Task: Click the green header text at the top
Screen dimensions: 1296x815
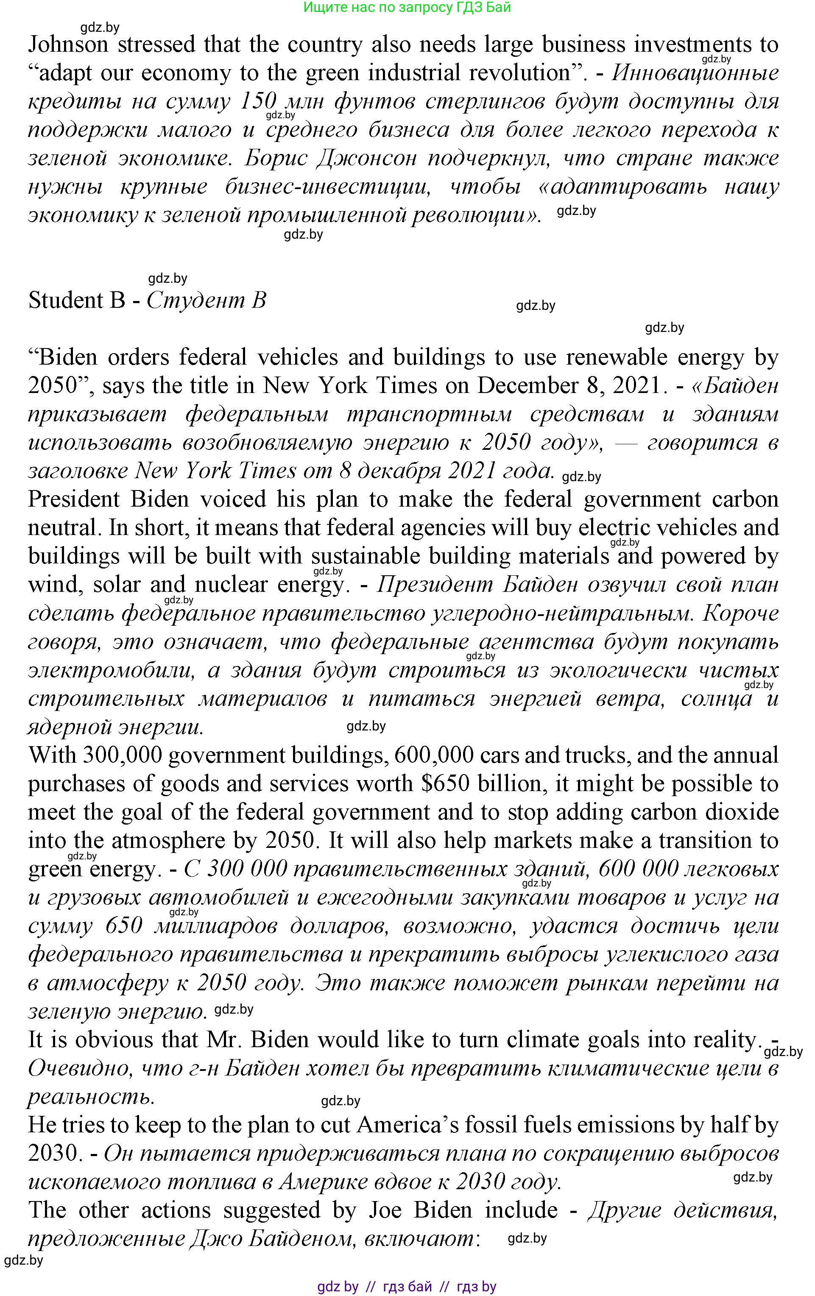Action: (407, 8)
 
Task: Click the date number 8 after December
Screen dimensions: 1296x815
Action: (589, 386)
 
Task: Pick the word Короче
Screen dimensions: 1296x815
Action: (741, 613)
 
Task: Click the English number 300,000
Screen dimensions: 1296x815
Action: (122, 755)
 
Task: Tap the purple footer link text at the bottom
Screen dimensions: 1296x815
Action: (407, 1287)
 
